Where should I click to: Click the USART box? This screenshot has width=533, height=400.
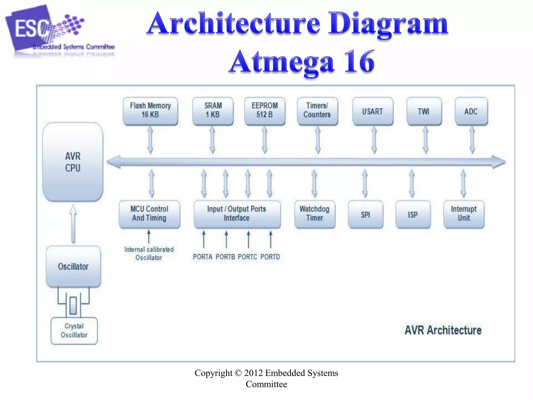point(373,111)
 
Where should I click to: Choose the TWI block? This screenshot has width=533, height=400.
point(424,111)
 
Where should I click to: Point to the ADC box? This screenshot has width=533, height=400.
point(471,111)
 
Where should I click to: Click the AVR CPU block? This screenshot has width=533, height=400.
point(73,162)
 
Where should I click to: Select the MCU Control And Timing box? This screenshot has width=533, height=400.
point(149,214)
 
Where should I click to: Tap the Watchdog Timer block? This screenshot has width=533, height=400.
point(315,214)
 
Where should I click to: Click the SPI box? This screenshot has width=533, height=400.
point(365,214)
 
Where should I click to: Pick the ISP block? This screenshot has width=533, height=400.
point(413,214)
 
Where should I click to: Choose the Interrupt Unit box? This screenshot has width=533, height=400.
point(464,214)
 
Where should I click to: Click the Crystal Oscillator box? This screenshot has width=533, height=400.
point(74,331)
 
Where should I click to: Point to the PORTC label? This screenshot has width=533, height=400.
point(248,257)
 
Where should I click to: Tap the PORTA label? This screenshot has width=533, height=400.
point(203,257)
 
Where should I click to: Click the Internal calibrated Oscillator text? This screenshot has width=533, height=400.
point(149,253)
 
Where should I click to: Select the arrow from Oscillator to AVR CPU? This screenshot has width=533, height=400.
point(73,224)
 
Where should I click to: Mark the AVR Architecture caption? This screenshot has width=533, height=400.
point(443,330)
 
